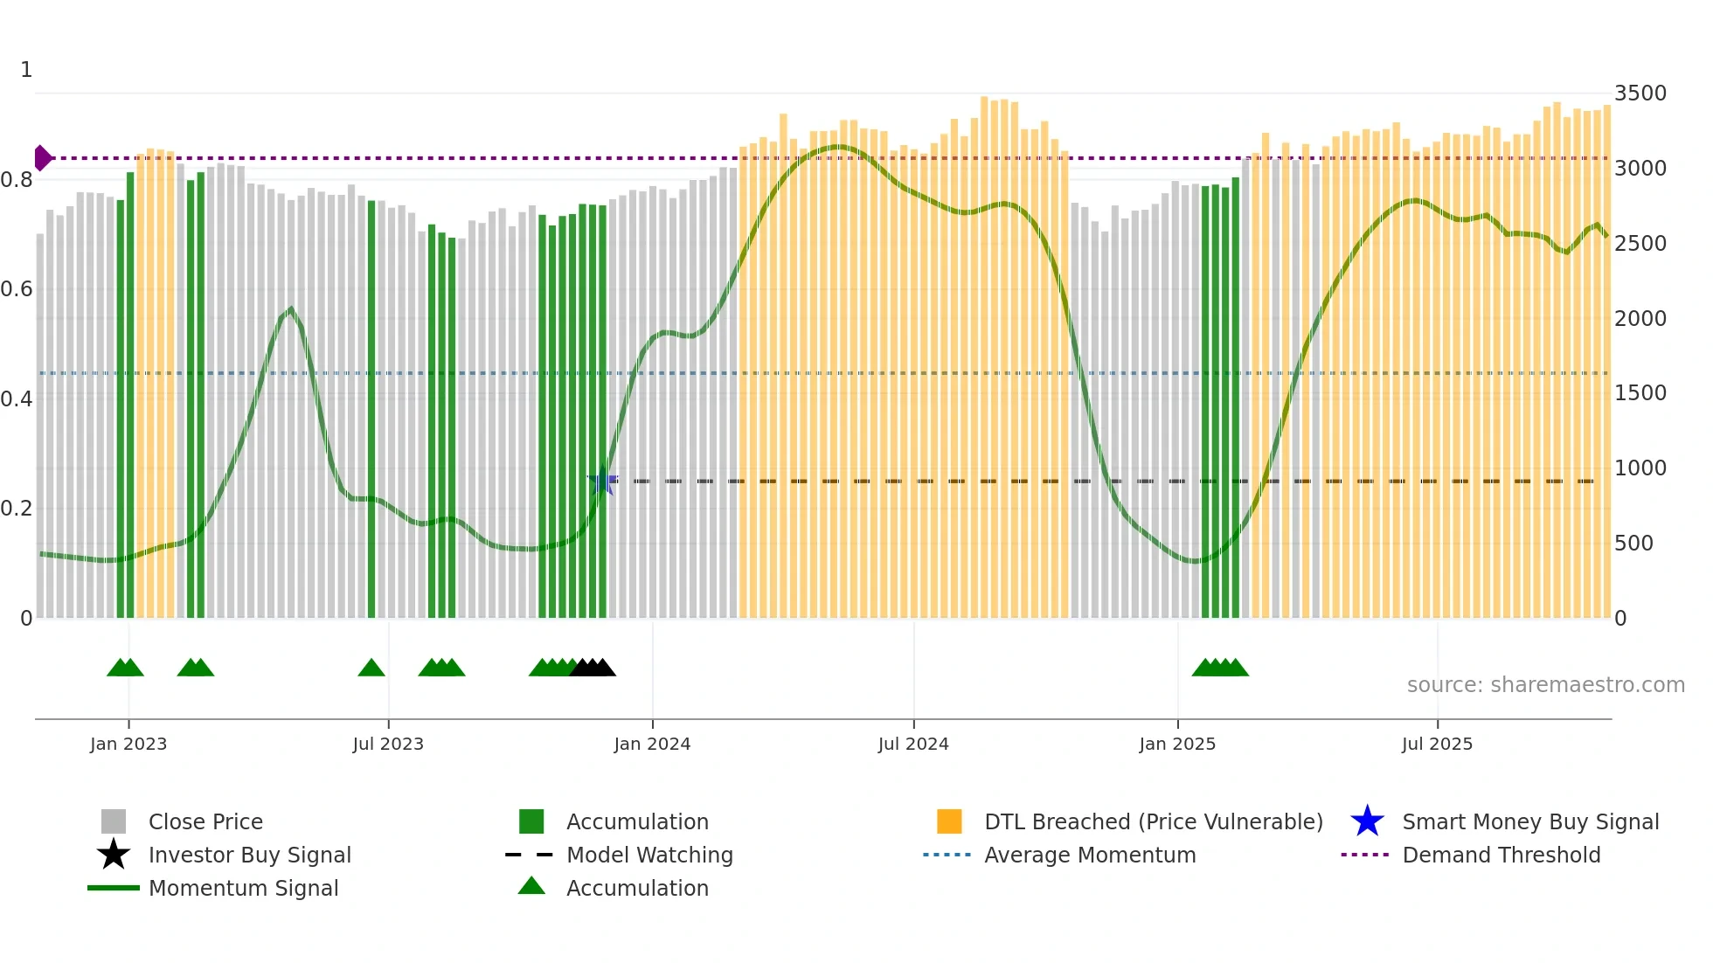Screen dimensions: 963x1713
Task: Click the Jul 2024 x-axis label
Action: coord(913,744)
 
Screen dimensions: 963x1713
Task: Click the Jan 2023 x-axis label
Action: coord(128,744)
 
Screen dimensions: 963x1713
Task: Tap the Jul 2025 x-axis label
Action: coord(1437,744)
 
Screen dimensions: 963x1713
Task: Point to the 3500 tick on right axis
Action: coord(1640,94)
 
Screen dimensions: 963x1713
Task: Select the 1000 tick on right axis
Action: coord(1640,468)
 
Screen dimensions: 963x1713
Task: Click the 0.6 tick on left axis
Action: coord(17,289)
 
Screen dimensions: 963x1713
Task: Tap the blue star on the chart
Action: coord(602,481)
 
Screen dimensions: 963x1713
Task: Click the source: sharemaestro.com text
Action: coord(1545,685)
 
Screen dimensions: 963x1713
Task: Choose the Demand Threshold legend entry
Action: coord(1501,856)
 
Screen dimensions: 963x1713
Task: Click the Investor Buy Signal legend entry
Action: coord(249,856)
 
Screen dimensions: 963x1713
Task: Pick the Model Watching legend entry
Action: coord(648,856)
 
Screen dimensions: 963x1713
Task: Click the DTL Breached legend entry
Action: coord(1153,822)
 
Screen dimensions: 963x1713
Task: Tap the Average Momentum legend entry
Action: coord(1089,856)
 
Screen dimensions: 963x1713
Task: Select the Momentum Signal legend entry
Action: coord(243,889)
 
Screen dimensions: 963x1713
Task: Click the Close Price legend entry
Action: coord(205,822)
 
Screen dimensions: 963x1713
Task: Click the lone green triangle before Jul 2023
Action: coord(371,669)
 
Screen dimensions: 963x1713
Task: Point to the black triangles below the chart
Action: coord(593,669)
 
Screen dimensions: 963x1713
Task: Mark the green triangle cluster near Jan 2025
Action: coord(1220,669)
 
